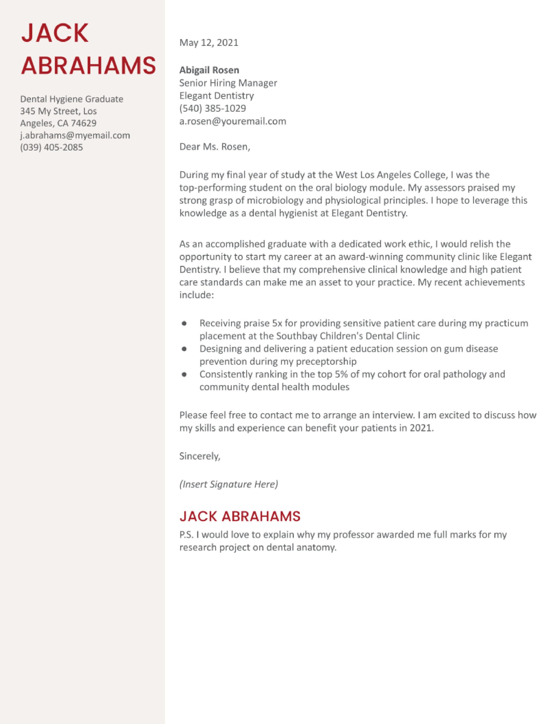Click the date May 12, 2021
click(x=209, y=42)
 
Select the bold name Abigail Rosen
click(x=209, y=70)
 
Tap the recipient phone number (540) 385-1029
click(x=213, y=108)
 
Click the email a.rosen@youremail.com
click(x=233, y=121)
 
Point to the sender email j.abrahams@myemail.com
click(x=75, y=135)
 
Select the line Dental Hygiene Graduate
click(x=71, y=99)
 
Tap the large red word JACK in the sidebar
click(x=55, y=33)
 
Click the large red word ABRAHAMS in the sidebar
click(x=88, y=65)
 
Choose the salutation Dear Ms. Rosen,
click(x=215, y=146)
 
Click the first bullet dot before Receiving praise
click(x=185, y=323)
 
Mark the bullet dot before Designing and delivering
click(x=185, y=348)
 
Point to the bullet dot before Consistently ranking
click(x=185, y=374)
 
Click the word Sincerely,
click(x=200, y=456)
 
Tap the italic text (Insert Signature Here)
click(x=229, y=484)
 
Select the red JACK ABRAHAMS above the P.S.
click(x=240, y=516)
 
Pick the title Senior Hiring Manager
click(x=228, y=83)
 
